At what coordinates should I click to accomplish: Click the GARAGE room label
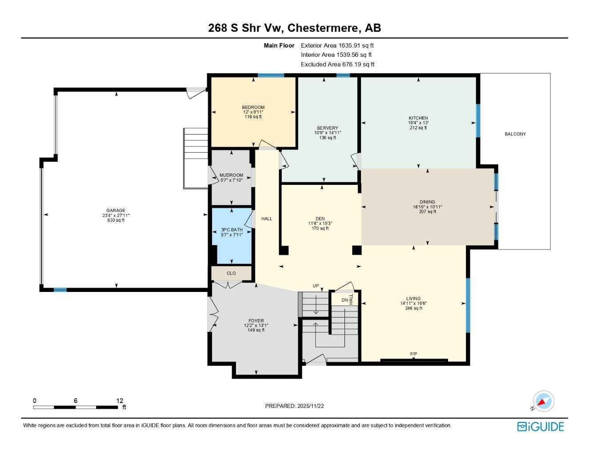[116, 210]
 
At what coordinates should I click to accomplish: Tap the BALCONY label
[515, 134]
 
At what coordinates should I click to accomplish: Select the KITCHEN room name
[418, 118]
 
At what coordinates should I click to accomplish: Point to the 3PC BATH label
[232, 230]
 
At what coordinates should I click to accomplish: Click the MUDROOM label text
[231, 175]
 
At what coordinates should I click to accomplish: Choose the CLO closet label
[231, 273]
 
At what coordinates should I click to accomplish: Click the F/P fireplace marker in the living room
[413, 354]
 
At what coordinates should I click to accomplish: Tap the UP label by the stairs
[316, 286]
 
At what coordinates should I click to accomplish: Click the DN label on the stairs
[345, 300]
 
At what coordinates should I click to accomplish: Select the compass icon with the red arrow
[543, 401]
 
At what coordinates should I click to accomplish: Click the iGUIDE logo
[541, 427]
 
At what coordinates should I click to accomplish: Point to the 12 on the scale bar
[120, 400]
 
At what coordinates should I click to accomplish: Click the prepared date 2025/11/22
[311, 406]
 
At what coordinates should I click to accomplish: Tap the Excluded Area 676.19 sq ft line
[337, 64]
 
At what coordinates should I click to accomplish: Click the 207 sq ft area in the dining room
[427, 212]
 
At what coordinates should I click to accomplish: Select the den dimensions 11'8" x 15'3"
[320, 224]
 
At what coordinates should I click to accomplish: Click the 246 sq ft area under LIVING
[413, 308]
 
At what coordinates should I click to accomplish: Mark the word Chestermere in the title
[322, 28]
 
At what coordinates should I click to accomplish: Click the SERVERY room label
[327, 128]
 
